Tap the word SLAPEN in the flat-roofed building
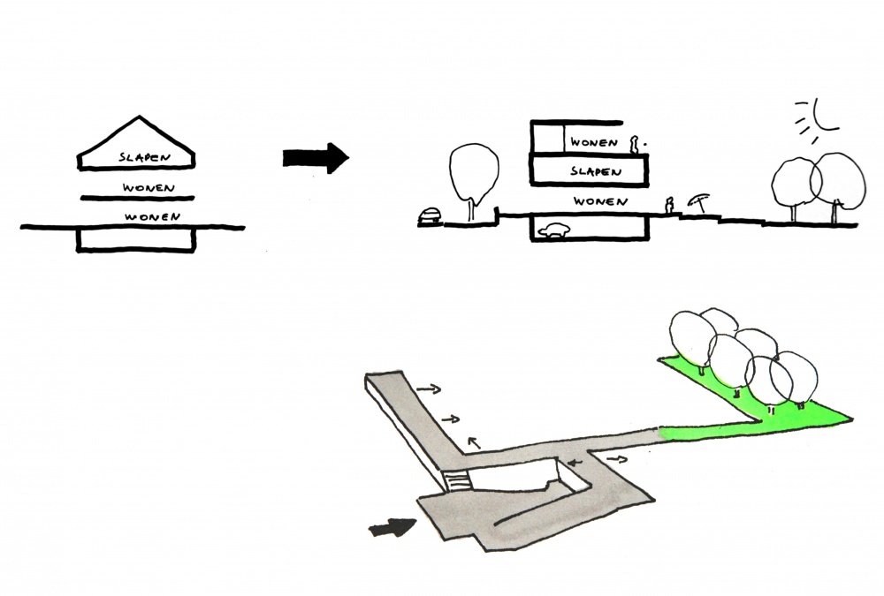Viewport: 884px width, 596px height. [x=593, y=171]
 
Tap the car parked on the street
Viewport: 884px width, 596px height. [x=430, y=215]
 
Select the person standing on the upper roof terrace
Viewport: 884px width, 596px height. [x=634, y=144]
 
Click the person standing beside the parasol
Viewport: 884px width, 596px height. [x=669, y=206]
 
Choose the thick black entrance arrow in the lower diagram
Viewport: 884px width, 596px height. [x=391, y=527]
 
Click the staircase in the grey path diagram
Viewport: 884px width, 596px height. [x=456, y=482]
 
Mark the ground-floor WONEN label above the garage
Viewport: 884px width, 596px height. [x=600, y=202]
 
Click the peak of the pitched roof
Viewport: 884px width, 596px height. [x=136, y=117]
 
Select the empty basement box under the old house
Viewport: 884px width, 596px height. [x=135, y=240]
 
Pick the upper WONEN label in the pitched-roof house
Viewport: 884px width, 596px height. [x=149, y=188]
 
